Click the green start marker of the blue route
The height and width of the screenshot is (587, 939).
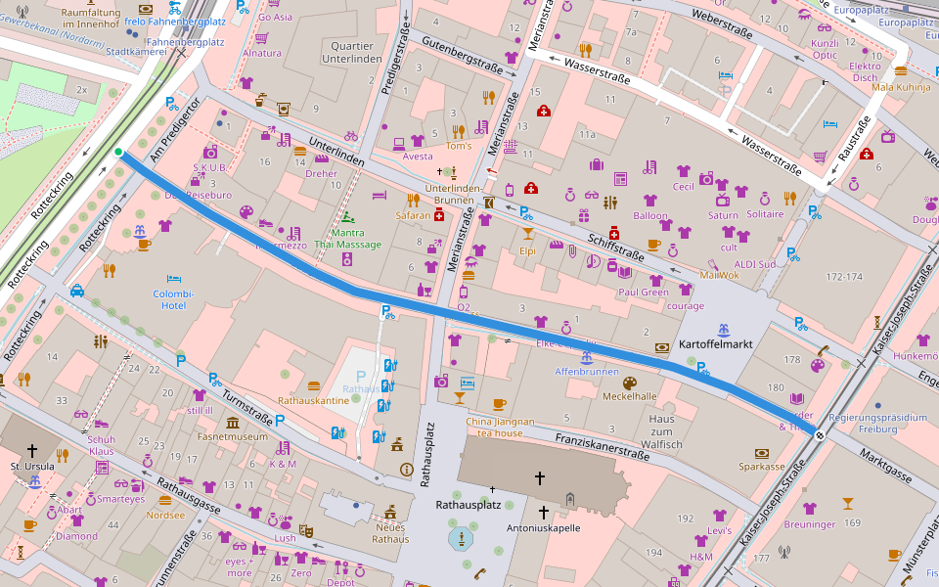118,152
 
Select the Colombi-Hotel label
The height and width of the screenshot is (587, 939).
174,299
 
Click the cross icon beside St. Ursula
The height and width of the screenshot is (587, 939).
31,451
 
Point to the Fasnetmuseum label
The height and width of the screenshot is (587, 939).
232,437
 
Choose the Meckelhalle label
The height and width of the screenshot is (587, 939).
629,396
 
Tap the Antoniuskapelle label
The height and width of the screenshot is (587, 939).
543,527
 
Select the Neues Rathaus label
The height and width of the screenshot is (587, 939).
390,533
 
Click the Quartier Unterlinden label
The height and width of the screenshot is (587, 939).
352,52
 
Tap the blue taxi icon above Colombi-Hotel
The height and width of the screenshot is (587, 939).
76,291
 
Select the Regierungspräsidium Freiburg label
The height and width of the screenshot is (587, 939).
876,423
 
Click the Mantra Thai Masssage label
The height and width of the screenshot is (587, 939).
347,238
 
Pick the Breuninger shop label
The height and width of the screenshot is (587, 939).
809,523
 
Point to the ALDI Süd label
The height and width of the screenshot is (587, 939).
753,264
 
